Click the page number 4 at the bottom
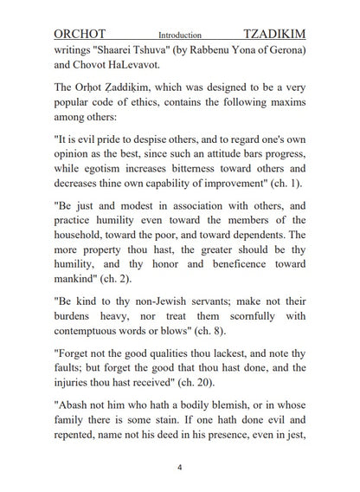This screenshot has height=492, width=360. click(179, 468)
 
